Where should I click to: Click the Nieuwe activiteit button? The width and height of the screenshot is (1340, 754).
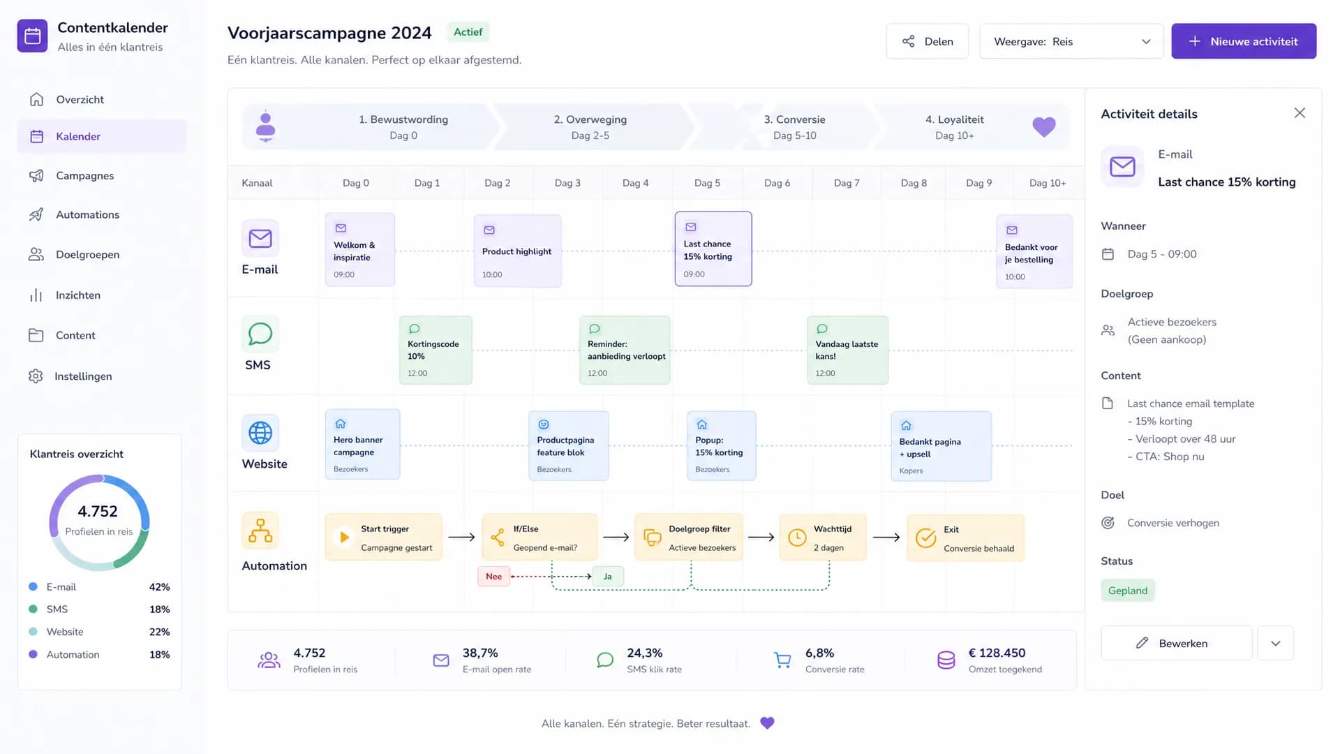(1244, 41)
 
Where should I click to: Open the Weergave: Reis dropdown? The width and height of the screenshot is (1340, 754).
(1071, 41)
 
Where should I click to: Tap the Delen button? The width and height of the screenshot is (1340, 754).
(928, 41)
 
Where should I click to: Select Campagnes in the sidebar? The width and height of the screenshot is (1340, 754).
(84, 175)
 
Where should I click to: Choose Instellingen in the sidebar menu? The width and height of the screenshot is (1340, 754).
(83, 376)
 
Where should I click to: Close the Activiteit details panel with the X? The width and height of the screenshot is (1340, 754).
(1300, 113)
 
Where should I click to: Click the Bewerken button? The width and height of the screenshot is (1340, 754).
(1177, 643)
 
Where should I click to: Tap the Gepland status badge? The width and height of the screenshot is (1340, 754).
(1128, 591)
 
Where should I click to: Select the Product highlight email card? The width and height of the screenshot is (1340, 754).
(517, 251)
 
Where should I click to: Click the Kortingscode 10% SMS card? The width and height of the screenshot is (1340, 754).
(435, 350)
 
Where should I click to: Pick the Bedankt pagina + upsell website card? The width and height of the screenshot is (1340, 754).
(941, 446)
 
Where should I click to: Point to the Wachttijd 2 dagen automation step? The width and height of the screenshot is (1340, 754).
(823, 538)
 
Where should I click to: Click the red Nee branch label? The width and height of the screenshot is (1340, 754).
(493, 576)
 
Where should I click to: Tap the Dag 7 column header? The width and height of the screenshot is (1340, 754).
(847, 183)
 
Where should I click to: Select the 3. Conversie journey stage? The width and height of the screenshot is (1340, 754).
(795, 127)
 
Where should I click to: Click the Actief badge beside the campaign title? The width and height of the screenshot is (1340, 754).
(468, 32)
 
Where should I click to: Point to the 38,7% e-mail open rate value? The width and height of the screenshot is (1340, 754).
(480, 653)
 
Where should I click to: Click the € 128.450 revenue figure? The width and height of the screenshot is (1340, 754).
(997, 653)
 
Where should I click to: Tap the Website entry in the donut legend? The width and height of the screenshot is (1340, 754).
(65, 632)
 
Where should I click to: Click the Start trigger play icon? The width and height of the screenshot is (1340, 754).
(344, 537)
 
